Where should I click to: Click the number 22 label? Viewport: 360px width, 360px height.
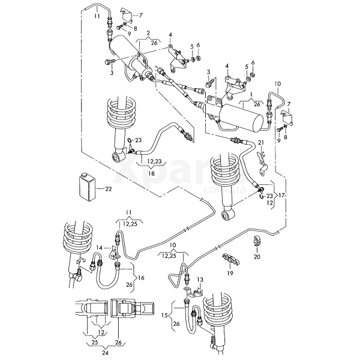pyautogui.click(x=109, y=188)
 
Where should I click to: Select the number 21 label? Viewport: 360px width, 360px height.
pyautogui.click(x=261, y=142)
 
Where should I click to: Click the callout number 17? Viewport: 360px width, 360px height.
pyautogui.click(x=281, y=196)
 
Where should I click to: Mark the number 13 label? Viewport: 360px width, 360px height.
pyautogui.click(x=200, y=279)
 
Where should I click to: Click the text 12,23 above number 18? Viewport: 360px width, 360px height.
pyautogui.click(x=155, y=161)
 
